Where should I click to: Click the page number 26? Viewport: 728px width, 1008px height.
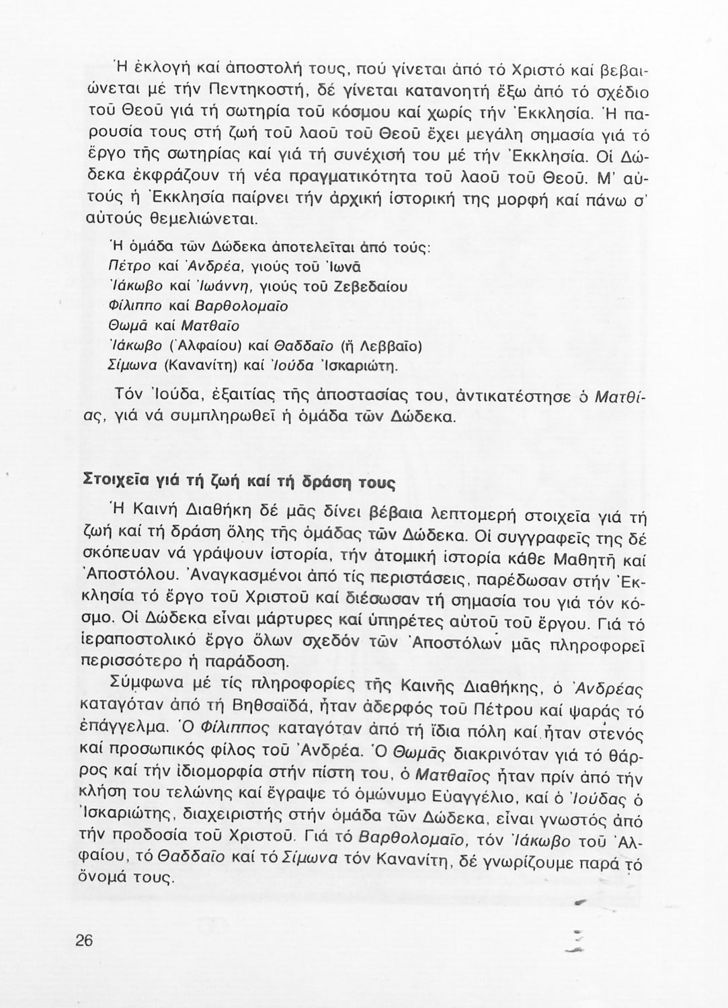click(x=84, y=940)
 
